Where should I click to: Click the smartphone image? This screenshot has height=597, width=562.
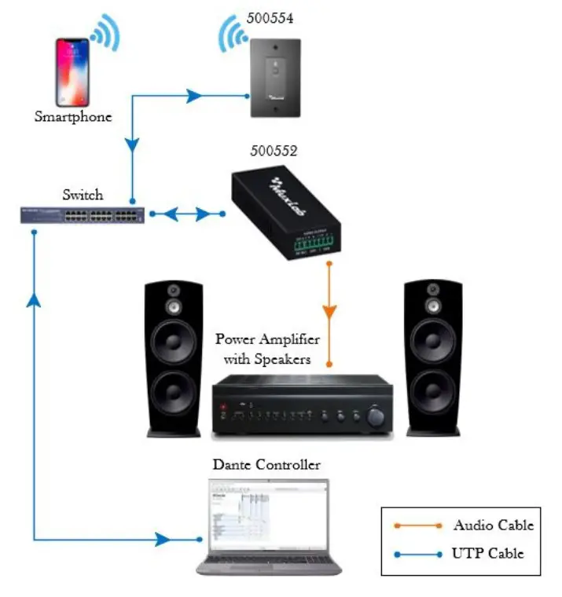tap(72, 73)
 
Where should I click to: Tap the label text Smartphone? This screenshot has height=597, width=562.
tap(73, 117)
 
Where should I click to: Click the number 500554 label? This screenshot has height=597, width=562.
tap(271, 18)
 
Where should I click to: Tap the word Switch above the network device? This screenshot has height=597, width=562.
tap(83, 193)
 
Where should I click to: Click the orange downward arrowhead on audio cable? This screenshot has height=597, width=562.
tap(330, 309)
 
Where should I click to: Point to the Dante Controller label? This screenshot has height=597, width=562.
tap(267, 465)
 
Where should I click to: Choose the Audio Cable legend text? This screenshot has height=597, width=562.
tap(493, 526)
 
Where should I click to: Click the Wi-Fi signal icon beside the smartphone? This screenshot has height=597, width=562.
tap(105, 33)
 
